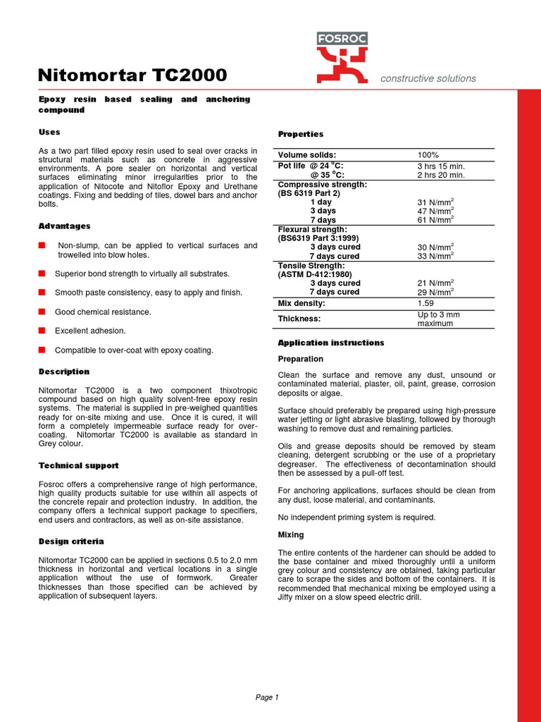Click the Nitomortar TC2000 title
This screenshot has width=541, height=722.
132,75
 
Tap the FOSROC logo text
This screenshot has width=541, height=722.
342,39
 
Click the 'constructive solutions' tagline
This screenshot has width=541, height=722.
428,78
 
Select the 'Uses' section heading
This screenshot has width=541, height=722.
49,132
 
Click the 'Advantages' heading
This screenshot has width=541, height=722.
64,226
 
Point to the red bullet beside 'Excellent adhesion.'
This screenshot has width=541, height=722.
42,331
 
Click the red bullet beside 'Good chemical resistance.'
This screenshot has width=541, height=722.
42,312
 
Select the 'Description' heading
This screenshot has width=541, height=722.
63,372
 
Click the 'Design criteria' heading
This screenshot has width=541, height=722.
71,541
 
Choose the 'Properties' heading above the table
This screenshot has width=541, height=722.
301,134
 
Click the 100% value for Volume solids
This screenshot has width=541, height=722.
428,155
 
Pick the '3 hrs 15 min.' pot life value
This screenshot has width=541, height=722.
441,166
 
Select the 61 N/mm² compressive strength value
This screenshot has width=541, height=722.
435,220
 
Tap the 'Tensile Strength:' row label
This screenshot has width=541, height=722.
311,265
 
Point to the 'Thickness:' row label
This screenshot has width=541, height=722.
299,319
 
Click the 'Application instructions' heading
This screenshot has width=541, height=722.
331,343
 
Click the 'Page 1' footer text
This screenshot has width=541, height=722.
267,697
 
